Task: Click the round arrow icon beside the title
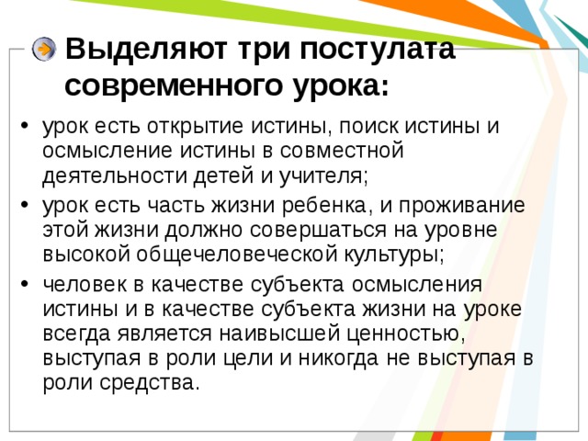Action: coord(43,51)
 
